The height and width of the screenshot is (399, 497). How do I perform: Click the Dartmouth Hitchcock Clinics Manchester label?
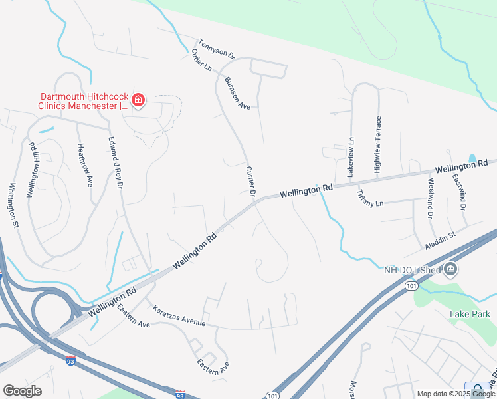pos(83,100)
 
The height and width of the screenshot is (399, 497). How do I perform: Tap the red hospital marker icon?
pos(138,100)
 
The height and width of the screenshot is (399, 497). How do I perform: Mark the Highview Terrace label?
pos(378,145)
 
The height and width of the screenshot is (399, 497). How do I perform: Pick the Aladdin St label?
pos(441,240)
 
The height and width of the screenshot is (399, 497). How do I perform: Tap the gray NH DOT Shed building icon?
pos(451,269)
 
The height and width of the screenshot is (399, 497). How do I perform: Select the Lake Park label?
pos(463,313)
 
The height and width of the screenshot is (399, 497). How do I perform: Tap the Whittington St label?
pos(13,207)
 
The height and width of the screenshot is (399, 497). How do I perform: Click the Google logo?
pos(23,391)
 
